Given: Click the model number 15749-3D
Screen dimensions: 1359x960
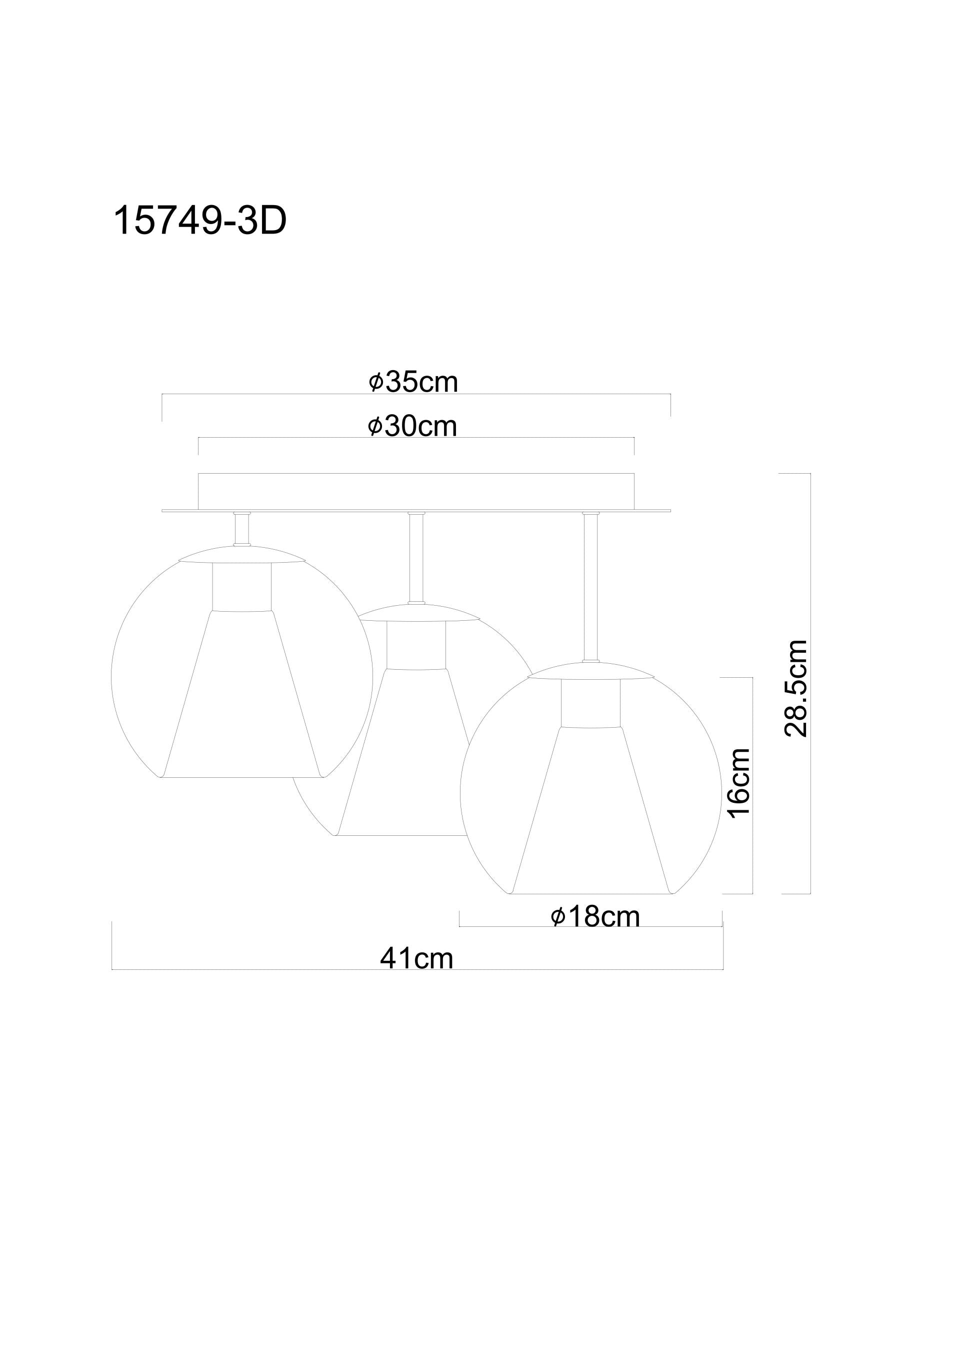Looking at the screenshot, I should [199, 221].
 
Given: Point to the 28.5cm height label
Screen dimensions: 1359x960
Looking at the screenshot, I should [795, 688].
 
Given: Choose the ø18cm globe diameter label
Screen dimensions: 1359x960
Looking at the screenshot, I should [595, 917].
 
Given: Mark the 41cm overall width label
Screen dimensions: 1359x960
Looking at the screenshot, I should [416, 958].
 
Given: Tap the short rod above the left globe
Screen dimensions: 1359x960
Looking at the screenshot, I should [241, 529].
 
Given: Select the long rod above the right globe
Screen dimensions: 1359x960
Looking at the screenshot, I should [590, 586].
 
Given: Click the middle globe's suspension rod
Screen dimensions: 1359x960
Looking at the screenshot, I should [416, 556].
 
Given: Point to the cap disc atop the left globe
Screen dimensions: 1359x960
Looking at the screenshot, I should [241, 554].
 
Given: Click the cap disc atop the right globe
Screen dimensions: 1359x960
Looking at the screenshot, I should [590, 671].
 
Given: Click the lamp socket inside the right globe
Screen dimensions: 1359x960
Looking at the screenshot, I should [590, 702].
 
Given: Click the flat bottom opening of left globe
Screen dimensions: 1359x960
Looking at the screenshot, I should [242, 777].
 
